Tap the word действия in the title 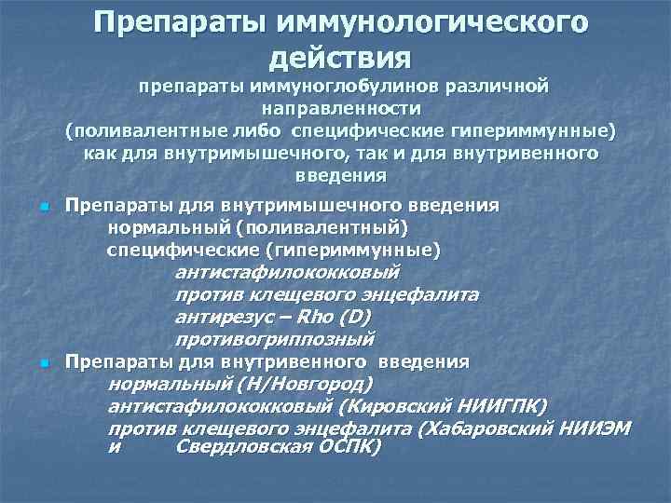(x=339, y=58)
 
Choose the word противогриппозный (x=274, y=339)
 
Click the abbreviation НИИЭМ (x=598, y=428)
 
